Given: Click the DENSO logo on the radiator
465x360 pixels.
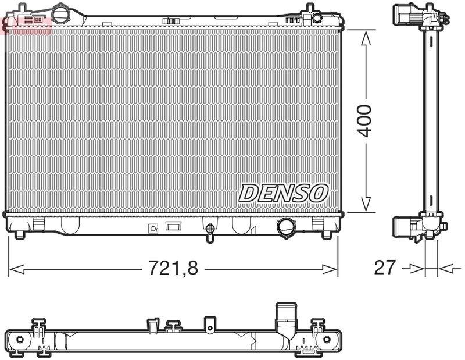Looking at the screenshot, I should tap(284, 193).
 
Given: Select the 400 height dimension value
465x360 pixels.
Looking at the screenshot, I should tap(364, 121).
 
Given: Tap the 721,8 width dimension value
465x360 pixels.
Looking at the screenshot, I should tap(173, 268).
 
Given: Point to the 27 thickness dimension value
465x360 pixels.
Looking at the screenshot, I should tap(385, 268).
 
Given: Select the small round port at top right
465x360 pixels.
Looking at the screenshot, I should tap(317, 17).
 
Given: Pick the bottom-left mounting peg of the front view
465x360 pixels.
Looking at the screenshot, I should tap(20, 234).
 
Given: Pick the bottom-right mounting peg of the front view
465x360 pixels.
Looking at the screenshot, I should tap(327, 234).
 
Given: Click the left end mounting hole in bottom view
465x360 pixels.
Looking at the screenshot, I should tap(19, 340).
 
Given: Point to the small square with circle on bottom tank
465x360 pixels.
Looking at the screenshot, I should tap(154, 229).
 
